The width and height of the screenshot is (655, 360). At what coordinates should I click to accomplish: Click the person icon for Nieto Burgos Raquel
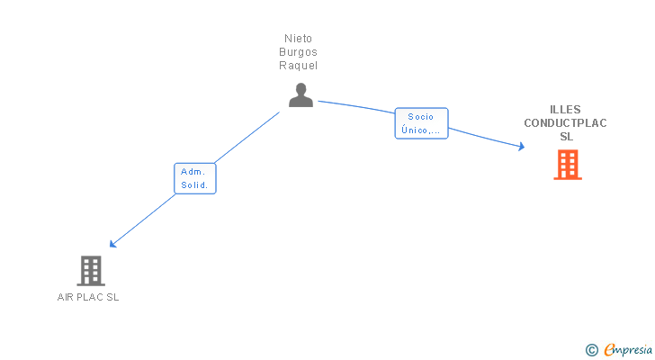coord(301,94)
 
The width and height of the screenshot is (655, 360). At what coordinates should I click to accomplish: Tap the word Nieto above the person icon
coord(301,39)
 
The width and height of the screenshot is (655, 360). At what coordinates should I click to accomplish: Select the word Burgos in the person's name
coord(301,52)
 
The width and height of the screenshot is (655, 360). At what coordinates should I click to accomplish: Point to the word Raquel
coord(301,66)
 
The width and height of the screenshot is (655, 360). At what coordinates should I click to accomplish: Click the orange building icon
coord(567,165)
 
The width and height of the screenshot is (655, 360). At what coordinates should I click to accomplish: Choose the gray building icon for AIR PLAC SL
coord(90,270)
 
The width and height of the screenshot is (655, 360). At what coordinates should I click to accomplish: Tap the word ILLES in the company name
coord(566,109)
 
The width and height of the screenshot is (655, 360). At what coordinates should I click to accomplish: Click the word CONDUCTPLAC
coord(566,122)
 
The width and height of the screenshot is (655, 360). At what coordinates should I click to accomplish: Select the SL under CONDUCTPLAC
coord(566,137)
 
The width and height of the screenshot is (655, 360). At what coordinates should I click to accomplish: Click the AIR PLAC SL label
coord(88,297)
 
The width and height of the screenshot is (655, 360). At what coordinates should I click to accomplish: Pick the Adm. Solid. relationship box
coord(194,178)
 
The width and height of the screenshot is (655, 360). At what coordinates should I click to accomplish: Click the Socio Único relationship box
coord(421,123)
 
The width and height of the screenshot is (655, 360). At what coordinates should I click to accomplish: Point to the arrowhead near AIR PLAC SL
coord(112,244)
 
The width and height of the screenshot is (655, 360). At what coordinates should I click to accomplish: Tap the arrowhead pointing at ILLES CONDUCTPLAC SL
coord(521,146)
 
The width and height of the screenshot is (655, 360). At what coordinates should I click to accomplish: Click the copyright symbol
coord(591,350)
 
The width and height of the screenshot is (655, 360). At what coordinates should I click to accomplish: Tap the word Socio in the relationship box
coord(421,116)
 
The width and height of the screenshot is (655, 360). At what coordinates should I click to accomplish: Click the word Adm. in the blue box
coord(193,171)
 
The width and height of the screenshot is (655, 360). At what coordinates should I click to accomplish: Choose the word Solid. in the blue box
coord(194,185)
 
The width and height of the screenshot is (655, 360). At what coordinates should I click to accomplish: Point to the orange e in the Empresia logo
coord(609,350)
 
